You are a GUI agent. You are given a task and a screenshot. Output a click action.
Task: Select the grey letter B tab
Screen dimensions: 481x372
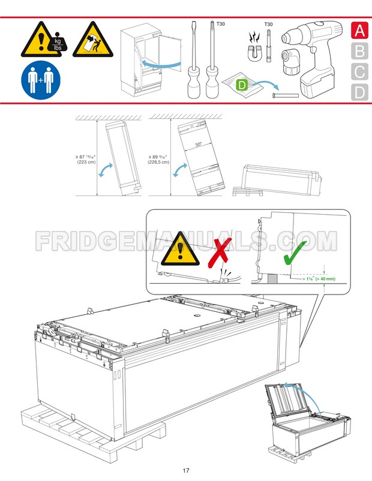pyautogui.click(x=359, y=51)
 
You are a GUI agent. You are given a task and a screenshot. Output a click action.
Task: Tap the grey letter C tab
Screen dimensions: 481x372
pyautogui.click(x=359, y=72)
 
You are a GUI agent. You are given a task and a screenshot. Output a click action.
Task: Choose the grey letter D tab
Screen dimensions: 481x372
pyautogui.click(x=359, y=92)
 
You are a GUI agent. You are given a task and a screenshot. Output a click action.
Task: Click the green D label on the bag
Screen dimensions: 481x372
pyautogui.click(x=241, y=85)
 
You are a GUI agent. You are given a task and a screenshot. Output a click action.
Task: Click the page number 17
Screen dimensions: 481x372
pyautogui.click(x=186, y=470)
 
